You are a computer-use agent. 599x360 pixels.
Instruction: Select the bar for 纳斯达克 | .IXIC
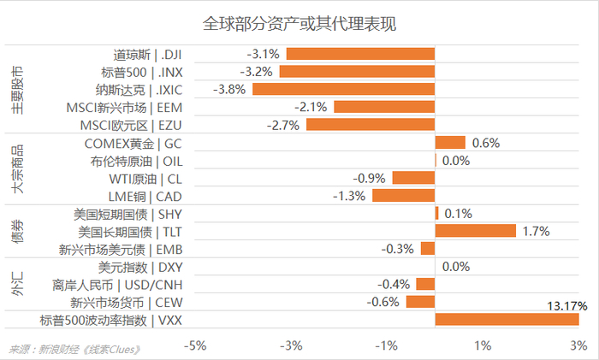tap(343, 89)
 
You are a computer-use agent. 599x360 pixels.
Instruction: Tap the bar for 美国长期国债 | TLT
tap(475, 231)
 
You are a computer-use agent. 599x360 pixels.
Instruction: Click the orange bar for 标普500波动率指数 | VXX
tap(507, 320)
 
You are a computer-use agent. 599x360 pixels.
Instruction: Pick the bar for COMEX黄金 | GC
tap(450, 143)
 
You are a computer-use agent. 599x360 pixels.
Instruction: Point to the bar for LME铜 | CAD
tap(403, 196)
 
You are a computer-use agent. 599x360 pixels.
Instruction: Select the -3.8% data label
tap(231, 89)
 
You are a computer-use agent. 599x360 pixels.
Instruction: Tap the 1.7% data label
tap(536, 231)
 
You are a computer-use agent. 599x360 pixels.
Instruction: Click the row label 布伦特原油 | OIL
tap(136, 160)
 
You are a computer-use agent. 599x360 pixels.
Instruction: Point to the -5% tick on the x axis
tap(196, 345)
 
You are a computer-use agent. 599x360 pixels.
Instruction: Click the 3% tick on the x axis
tap(578, 345)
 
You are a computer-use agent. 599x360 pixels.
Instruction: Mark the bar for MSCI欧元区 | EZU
tap(370, 125)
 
